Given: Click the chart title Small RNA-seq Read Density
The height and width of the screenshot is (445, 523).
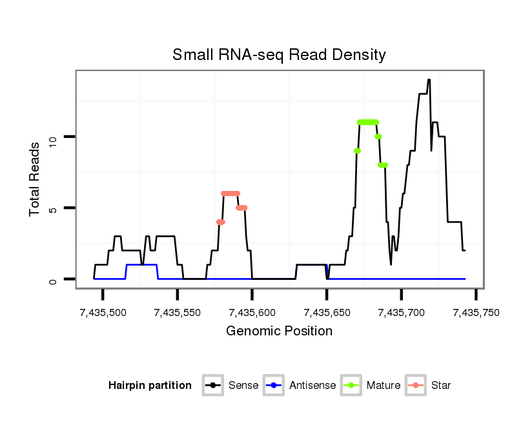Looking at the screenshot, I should pos(279,55).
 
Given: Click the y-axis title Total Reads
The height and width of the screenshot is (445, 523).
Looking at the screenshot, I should pos(36,179).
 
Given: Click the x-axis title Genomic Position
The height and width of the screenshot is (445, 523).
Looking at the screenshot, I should pos(279,331).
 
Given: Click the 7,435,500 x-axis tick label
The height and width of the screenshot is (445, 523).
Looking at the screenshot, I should pos(103,312).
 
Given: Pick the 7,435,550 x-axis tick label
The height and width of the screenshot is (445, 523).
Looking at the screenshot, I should pos(178,312).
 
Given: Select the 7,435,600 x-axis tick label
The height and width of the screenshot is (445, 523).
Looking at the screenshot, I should pos(252,312).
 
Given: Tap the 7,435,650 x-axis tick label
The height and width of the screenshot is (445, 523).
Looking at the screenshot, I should pos(327,312).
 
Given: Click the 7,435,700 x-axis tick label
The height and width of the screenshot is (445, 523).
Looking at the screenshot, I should pos(402,312).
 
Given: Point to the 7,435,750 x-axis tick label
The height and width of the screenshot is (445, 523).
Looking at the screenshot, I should pos(476,312).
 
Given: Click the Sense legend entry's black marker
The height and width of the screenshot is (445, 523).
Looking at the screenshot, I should pos(212,386).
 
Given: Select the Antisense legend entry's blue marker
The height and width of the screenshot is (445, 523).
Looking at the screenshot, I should pos(274,386).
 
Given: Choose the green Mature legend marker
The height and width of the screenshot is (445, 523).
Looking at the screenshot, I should pos(352,386).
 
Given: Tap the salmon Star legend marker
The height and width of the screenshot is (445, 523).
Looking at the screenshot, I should pos(416,386).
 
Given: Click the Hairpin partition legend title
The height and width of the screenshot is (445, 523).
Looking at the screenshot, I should pos(150,386).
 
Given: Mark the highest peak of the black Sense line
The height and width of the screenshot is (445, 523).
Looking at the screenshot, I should pos(429,80).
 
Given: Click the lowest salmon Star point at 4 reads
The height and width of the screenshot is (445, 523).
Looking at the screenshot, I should pos(221,222).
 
